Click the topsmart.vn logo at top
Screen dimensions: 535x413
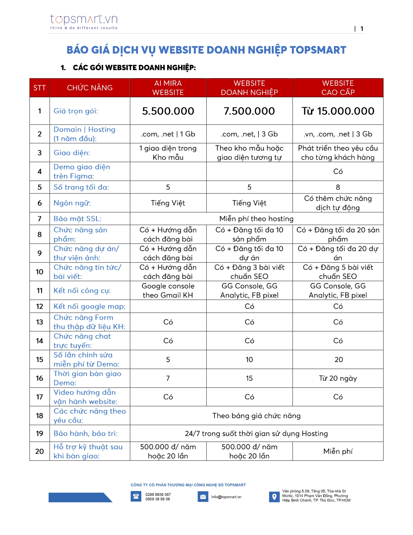point(84,21)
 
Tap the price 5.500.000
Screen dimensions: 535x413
point(168,111)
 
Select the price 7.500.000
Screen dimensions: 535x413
point(249,111)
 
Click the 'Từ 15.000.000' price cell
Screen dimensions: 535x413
point(338,111)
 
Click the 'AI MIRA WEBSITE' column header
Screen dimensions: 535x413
point(168,88)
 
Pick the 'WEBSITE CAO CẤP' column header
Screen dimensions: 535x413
point(338,88)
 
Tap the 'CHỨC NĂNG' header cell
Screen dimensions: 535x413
point(90,88)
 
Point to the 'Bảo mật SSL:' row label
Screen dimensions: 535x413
point(77,219)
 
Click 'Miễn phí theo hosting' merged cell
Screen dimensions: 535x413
point(256,219)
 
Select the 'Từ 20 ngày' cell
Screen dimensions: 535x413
point(338,378)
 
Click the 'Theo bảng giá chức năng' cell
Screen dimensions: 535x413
point(256,416)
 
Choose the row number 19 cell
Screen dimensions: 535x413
point(40,434)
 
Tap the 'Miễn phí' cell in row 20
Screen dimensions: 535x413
point(338,451)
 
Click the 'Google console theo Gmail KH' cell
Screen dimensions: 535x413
point(168,291)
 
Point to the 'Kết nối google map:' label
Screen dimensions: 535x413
point(89,306)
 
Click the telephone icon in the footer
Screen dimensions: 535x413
point(136,496)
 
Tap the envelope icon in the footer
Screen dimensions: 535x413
point(203,497)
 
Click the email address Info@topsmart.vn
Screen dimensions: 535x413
point(226,497)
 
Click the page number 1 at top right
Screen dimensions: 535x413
point(361,29)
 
